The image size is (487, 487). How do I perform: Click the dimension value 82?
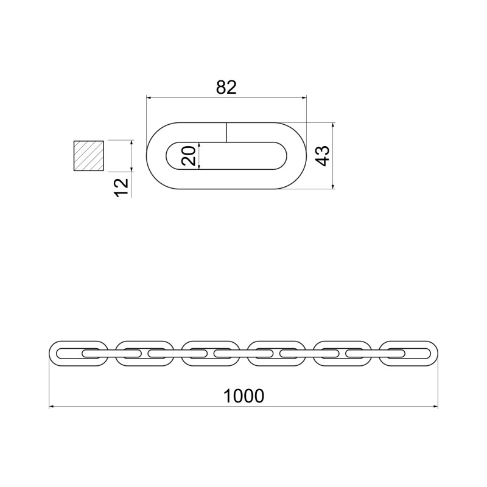coord(226,87)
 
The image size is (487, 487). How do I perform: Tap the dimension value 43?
coord(322,156)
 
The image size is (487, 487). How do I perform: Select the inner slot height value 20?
coord(189,156)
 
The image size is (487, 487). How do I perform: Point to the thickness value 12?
coord(121,187)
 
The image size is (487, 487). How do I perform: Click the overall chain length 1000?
coord(244,396)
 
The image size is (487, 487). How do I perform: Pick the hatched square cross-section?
coord(88,156)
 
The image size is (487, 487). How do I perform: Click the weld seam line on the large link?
coord(226,132)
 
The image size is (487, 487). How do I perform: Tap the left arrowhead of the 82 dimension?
coord(149,98)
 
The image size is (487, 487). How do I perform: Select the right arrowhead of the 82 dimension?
coord(304,98)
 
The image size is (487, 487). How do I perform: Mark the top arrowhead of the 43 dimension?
coord(333,125)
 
